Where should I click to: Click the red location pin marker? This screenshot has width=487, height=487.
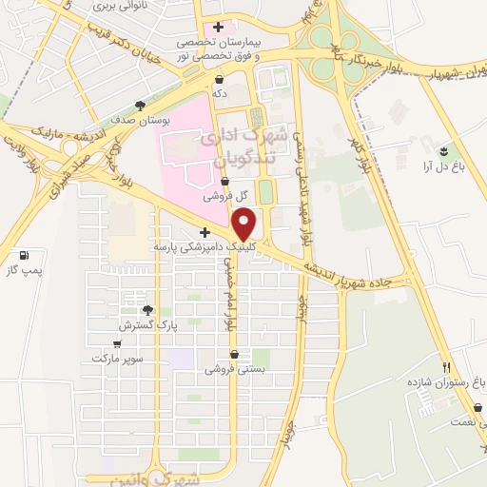point(246,225)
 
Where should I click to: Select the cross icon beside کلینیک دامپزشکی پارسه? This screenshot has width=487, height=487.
point(205,232)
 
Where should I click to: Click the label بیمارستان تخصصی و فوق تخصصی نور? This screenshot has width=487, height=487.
point(219,49)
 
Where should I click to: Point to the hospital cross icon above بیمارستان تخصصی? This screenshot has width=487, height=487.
point(220,27)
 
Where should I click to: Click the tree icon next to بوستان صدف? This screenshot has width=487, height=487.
point(141,106)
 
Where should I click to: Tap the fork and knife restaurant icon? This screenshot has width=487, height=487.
point(444,366)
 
